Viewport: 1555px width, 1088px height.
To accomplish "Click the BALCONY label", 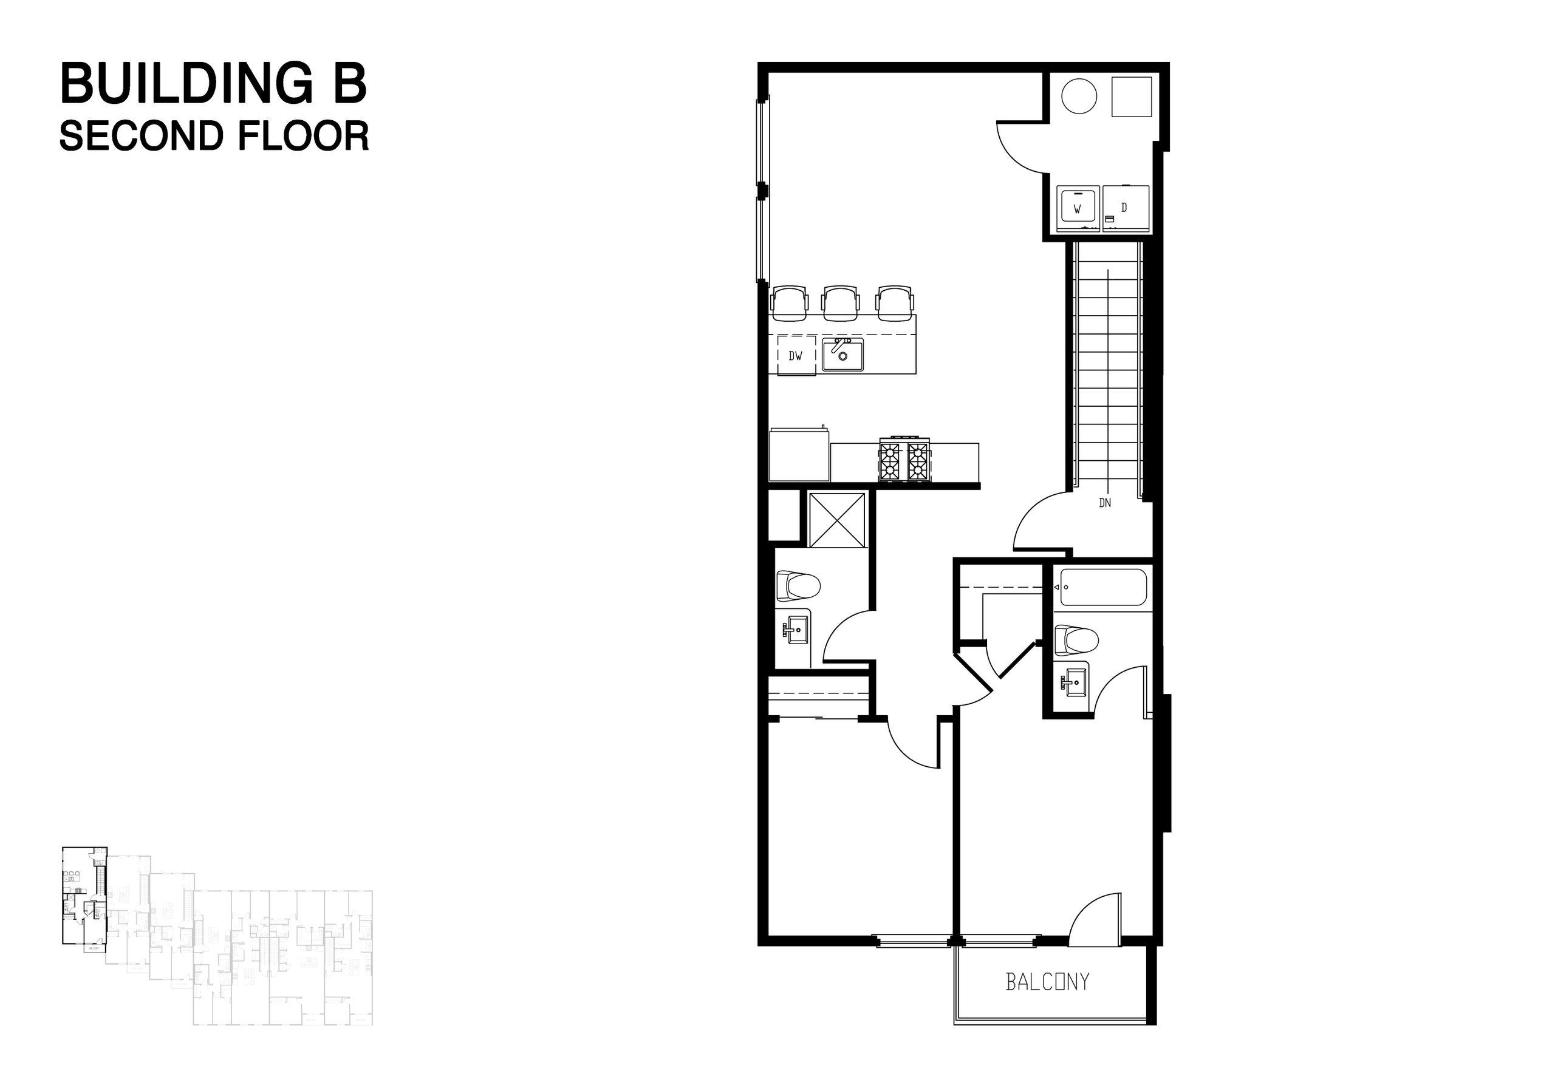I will click(1047, 982).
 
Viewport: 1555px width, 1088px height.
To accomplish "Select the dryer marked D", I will click(1125, 208).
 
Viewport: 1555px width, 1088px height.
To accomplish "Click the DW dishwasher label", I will click(795, 355).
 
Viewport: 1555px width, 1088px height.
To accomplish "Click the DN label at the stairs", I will click(1105, 503).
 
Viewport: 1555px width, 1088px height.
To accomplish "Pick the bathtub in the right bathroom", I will click(1103, 588).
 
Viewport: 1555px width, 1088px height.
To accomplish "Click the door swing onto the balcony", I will click(1095, 916).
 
